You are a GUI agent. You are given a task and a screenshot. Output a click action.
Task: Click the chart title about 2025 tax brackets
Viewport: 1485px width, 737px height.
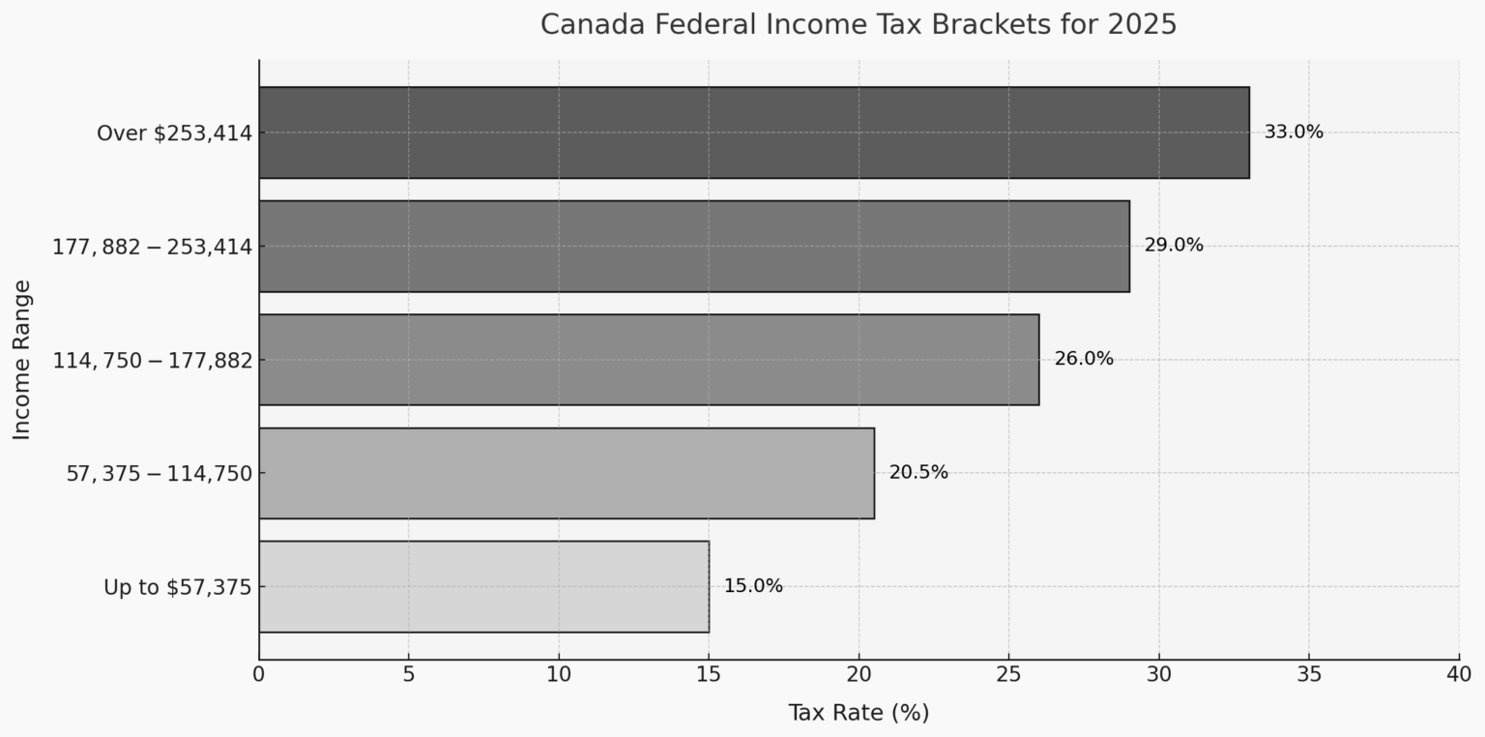coord(858,24)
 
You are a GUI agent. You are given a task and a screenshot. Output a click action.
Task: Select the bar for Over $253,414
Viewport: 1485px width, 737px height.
coord(753,133)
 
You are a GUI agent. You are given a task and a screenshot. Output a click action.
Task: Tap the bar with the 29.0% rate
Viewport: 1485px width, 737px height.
coord(693,246)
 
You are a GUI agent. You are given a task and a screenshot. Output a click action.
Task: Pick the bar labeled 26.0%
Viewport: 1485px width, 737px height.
coord(649,359)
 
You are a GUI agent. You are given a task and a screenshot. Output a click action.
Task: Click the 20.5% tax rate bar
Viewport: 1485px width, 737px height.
coord(567,473)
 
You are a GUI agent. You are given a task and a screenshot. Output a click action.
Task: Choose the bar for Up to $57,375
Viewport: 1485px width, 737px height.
coord(483,586)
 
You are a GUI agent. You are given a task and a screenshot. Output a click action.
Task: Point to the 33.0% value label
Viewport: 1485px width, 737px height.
coord(1293,133)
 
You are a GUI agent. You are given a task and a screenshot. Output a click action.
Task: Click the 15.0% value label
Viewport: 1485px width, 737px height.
coord(753,586)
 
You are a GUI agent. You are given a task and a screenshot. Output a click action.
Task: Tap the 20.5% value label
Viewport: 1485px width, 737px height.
coord(918,473)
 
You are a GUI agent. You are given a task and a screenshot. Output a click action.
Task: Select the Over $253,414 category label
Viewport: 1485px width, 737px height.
coord(174,133)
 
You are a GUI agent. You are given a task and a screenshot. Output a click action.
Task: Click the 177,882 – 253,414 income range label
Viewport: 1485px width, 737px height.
coord(152,247)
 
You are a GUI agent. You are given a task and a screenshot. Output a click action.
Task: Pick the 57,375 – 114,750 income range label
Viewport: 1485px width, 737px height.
coord(159,474)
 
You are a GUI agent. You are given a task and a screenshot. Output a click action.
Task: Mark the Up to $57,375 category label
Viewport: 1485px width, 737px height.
coord(178,587)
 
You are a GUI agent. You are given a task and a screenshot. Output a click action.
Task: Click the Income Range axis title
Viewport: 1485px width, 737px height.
coord(22,359)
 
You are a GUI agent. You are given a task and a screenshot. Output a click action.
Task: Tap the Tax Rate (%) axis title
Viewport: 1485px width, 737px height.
coord(858,713)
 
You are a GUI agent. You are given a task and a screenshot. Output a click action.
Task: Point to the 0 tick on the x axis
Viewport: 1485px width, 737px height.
coord(259,673)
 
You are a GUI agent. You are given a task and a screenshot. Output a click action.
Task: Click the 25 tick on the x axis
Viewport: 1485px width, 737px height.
coord(1008,673)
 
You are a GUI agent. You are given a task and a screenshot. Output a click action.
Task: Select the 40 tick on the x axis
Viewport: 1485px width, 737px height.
coord(1458,673)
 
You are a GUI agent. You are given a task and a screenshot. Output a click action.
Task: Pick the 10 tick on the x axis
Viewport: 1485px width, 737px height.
coord(559,673)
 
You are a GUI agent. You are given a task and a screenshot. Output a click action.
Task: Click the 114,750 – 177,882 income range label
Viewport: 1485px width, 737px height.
coord(152,360)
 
